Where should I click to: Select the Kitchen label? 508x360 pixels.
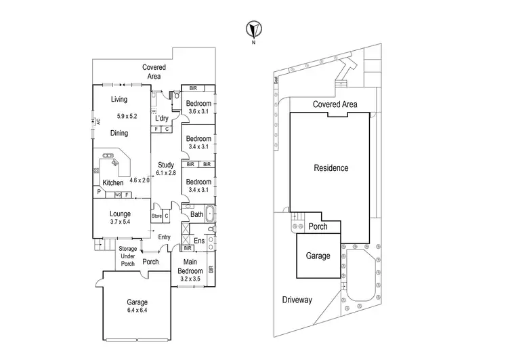click(112, 183)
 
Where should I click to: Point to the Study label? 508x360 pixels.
click(166, 165)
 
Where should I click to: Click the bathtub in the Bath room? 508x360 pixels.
click(211, 215)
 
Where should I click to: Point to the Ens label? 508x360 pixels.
click(198, 241)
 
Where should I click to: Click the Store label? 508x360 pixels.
click(157, 216)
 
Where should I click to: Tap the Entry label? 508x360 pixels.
click(165, 237)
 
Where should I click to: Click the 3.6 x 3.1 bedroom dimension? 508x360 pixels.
click(200, 112)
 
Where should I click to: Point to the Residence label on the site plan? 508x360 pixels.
click(331, 168)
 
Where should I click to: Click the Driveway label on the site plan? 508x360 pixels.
click(297, 299)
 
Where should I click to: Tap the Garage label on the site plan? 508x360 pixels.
click(318, 256)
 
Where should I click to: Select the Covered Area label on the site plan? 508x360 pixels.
click(335, 104)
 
